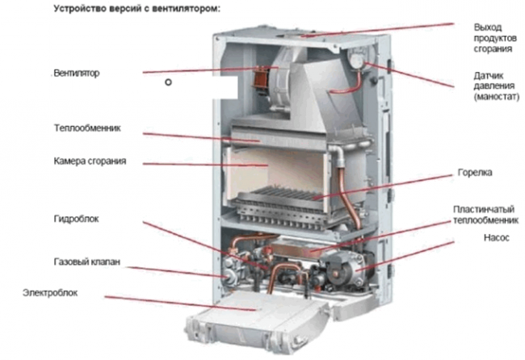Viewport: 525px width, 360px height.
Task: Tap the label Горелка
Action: coord(473,174)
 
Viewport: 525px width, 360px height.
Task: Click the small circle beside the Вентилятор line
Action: coord(168,82)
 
